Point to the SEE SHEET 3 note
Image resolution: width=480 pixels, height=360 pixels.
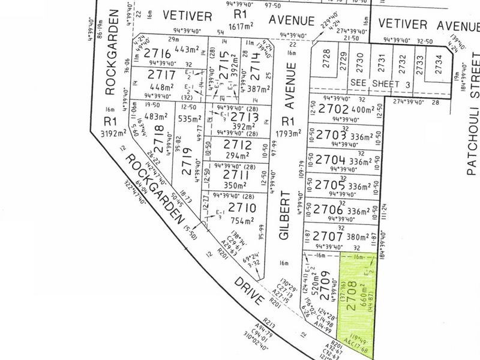pyautogui.click(x=381, y=85)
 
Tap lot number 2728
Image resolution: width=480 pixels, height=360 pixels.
pyautogui.click(x=326, y=61)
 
